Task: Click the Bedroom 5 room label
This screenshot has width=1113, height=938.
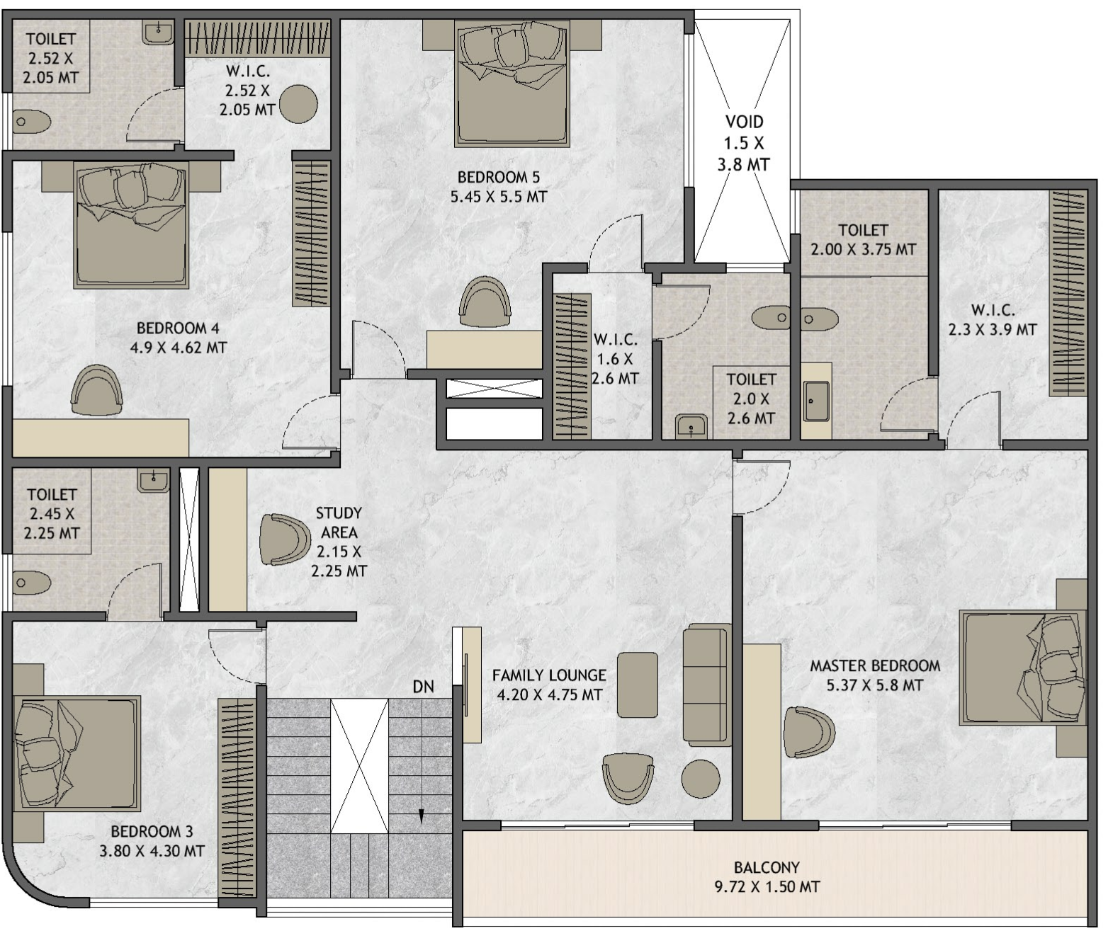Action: [x=498, y=186]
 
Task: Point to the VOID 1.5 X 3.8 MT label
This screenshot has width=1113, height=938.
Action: [x=744, y=143]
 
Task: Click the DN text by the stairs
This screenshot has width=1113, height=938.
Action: [x=423, y=687]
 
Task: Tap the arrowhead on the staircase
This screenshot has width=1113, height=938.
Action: [x=421, y=817]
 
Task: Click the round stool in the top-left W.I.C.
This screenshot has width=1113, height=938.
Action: [x=298, y=104]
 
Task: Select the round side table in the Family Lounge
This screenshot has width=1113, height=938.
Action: [x=701, y=778]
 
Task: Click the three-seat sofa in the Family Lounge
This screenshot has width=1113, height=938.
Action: [x=706, y=685]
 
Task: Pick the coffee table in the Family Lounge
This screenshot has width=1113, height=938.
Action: [x=638, y=685]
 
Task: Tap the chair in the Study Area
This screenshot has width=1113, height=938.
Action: [x=285, y=539]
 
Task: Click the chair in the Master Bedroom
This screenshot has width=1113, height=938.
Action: [x=809, y=732]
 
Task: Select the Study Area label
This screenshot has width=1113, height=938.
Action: [x=339, y=542]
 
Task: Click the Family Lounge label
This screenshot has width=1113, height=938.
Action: [x=549, y=685]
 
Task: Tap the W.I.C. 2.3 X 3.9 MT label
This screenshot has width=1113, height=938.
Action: [x=992, y=319]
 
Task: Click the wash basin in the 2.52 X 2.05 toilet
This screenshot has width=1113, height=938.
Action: [x=158, y=33]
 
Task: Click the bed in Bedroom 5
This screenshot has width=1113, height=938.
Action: [x=512, y=84]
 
